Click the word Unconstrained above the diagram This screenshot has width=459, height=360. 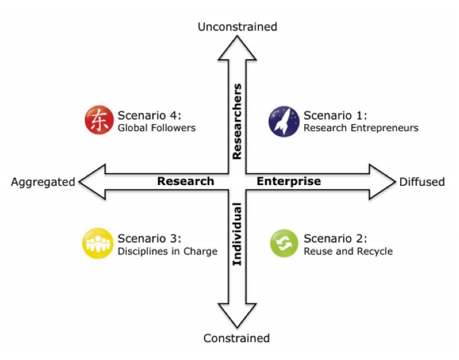click(237, 27)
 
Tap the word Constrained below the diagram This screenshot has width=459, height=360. click(236, 338)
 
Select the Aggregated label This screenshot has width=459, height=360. click(43, 182)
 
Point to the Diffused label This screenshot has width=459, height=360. click(422, 182)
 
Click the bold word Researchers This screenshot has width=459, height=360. click(237, 122)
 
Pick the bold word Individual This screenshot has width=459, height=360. click(237, 234)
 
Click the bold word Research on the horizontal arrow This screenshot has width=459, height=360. click(186, 181)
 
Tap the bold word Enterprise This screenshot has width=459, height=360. click(288, 181)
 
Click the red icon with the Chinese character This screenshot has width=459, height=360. click(100, 120)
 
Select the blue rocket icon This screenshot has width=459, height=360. click(284, 122)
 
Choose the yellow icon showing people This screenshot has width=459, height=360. click(98, 243)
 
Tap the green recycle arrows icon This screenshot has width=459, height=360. click(284, 243)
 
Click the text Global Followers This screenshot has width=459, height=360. click(157, 128)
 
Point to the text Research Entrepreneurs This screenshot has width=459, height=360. click(361, 128)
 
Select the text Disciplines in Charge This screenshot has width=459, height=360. click(167, 252)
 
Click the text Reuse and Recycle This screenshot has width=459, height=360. click(348, 252)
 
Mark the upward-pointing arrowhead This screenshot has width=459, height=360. click(237, 48)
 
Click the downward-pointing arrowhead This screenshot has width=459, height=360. click(237, 316)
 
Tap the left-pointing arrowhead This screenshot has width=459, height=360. click(92, 182)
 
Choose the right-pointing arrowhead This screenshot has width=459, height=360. click(382, 182)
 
